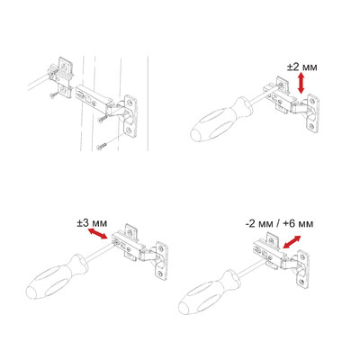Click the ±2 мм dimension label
(x=301, y=67)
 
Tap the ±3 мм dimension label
(x=92, y=223)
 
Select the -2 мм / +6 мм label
(x=279, y=224)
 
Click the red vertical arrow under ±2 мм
(x=301, y=84)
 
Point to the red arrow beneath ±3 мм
(x=97, y=234)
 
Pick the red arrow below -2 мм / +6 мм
(x=292, y=242)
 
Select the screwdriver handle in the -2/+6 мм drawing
(x=209, y=292)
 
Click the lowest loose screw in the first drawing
(x=101, y=147)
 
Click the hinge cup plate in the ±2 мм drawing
(x=313, y=113)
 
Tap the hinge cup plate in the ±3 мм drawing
(x=161, y=261)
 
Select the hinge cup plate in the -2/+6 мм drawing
(x=302, y=269)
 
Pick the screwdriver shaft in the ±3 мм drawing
(x=100, y=252)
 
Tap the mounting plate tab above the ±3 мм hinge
(x=131, y=232)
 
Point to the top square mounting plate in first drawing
(x=67, y=68)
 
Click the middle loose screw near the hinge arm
(x=102, y=120)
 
